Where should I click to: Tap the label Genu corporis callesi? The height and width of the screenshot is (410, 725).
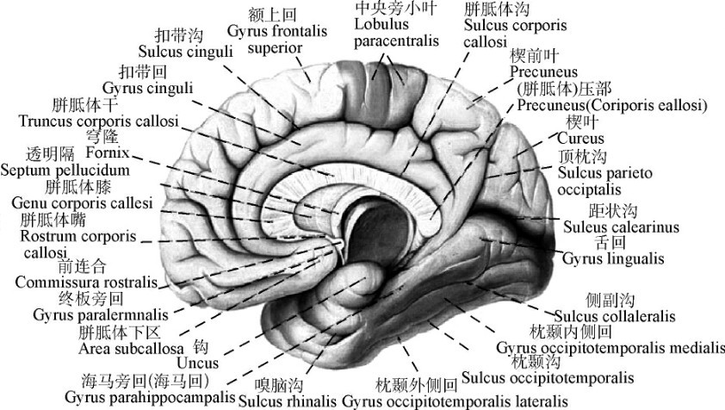(x=82, y=202)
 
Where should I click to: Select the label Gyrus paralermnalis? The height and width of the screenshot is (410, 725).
(x=86, y=314)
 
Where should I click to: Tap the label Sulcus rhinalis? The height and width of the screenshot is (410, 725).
(x=286, y=401)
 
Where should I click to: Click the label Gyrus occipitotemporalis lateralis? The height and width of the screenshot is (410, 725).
(x=455, y=401)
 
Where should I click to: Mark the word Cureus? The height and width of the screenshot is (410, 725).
(x=580, y=138)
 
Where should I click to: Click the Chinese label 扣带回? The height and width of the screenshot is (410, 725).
(x=143, y=71)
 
